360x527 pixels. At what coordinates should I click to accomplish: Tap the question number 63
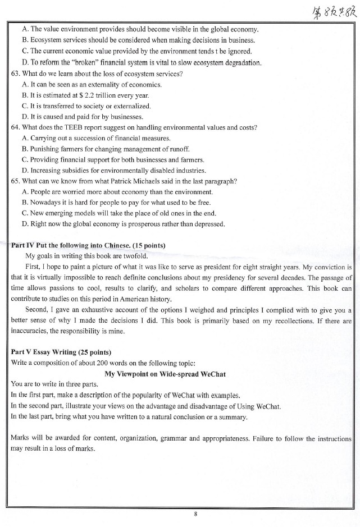pyautogui.click(x=16, y=74)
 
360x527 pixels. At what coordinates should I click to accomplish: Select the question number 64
pyautogui.click(x=16, y=127)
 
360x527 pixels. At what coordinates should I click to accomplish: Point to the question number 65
pyautogui.click(x=16, y=181)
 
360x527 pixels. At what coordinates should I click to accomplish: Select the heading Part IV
pyautogui.click(x=22, y=245)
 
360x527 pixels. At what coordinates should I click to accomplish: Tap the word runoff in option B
pyautogui.click(x=180, y=149)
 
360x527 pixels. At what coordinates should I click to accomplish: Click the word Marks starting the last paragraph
pyautogui.click(x=21, y=437)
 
